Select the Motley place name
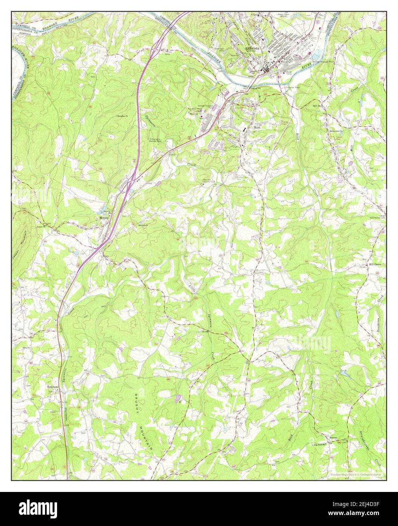(x=104, y=218)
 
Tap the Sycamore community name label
(x=53, y=387)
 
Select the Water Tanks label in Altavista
(x=291, y=72)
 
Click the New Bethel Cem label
(x=377, y=218)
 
